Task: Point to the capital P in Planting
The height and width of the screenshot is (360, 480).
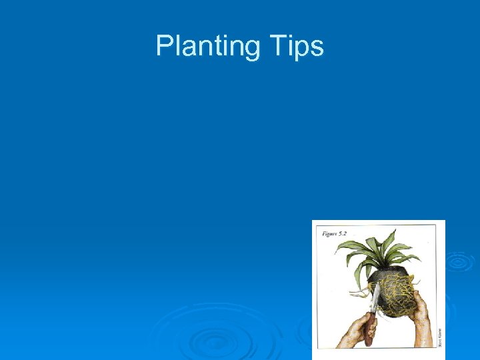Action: [x=163, y=45]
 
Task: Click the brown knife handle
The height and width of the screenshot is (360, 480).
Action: [x=369, y=331]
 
